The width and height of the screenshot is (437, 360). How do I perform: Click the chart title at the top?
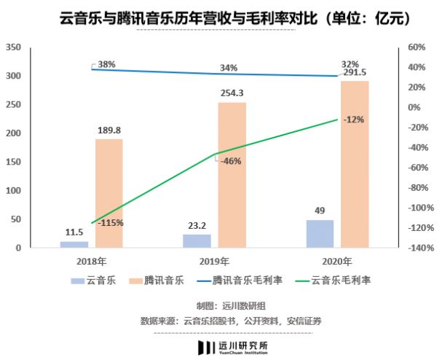point(218,16)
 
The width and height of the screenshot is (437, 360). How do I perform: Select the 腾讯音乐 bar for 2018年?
point(109,193)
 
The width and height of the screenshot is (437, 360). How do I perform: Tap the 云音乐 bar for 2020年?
point(320,234)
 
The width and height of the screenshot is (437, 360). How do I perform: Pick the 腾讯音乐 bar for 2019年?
point(232,175)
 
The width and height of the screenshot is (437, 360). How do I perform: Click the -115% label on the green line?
point(110,222)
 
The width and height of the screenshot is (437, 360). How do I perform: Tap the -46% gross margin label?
point(229,162)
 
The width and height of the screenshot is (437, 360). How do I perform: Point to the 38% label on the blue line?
point(106,64)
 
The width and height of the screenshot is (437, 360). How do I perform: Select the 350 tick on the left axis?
point(13,47)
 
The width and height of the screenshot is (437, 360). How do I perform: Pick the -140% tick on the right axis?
point(412,248)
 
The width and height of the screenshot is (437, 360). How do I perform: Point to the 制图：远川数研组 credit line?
point(218,305)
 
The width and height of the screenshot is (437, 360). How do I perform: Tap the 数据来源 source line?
point(218,321)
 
